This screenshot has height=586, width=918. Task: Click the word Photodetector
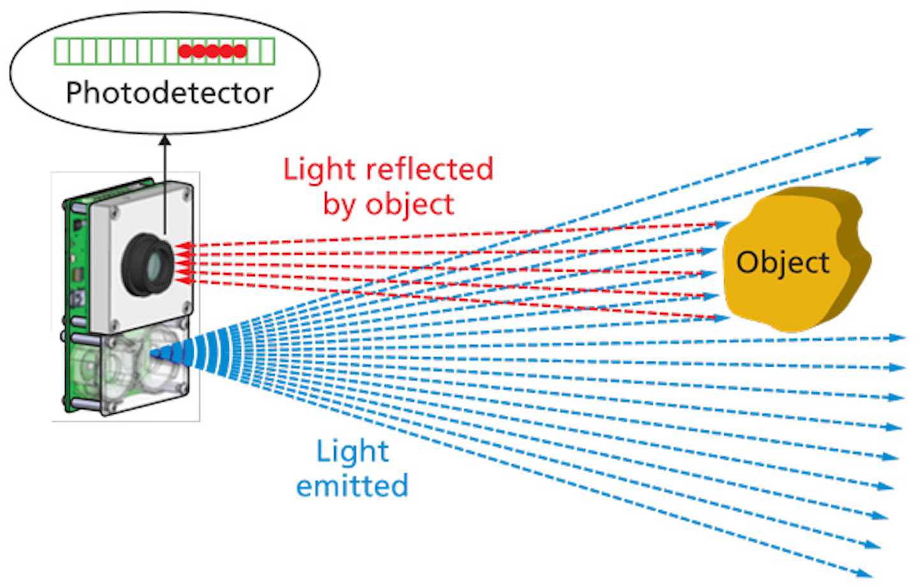pyautogui.click(x=170, y=93)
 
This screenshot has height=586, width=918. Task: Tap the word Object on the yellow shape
pyautogui.click(x=783, y=262)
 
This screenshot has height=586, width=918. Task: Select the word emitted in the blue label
pyautogui.click(x=352, y=486)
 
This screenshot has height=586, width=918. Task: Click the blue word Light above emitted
pyautogui.click(x=353, y=451)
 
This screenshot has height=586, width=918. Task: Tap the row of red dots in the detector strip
pyautogui.click(x=212, y=52)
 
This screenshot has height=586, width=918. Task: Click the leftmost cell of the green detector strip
pyautogui.click(x=61, y=52)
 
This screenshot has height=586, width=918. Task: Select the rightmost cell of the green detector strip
pyautogui.click(x=268, y=52)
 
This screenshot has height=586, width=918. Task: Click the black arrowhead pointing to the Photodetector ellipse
pyautogui.click(x=165, y=139)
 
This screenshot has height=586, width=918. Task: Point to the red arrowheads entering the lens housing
pyautogui.click(x=183, y=263)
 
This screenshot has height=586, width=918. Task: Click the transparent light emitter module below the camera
pyautogui.click(x=131, y=367)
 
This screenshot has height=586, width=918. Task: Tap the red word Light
pyautogui.click(x=320, y=170)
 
